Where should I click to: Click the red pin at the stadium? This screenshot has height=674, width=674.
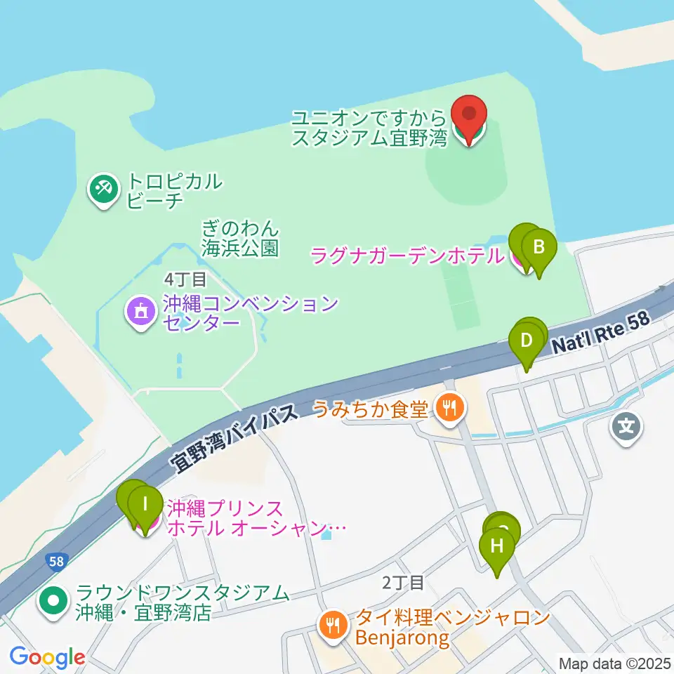(470, 114)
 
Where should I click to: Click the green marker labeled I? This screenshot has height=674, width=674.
(145, 504)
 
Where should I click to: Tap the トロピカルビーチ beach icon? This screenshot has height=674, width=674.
(103, 189)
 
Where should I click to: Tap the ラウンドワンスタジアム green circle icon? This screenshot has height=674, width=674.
(55, 601)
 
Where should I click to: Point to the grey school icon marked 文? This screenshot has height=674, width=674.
(626, 426)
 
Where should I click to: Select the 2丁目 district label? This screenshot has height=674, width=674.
(403, 582)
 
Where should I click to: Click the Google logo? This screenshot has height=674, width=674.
(47, 658)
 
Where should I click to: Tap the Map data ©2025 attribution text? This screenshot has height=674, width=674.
(614, 663)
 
